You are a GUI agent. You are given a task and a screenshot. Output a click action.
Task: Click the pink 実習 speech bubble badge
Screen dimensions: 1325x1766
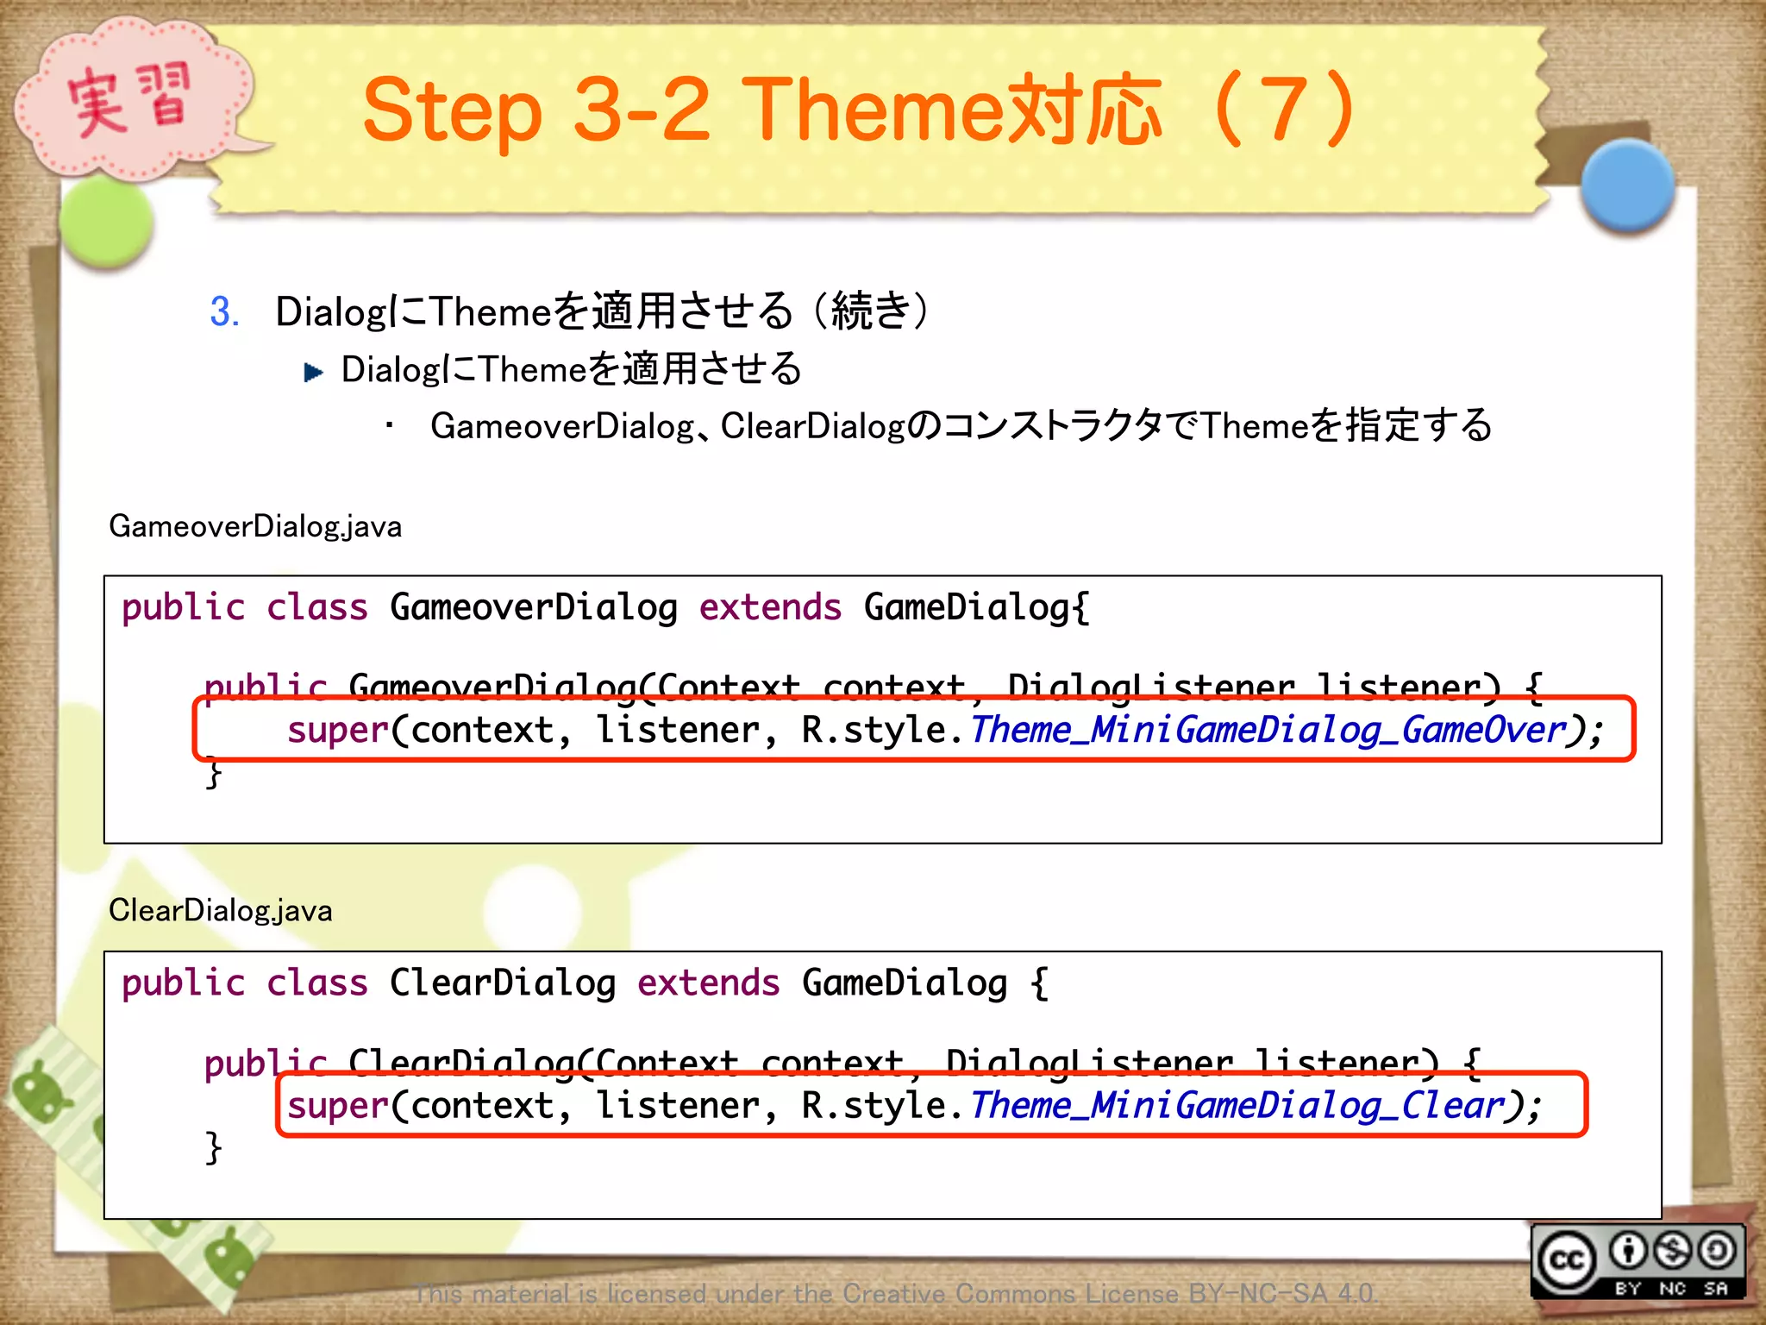click(129, 99)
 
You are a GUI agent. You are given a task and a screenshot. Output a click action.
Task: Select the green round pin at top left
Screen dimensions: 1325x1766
click(107, 223)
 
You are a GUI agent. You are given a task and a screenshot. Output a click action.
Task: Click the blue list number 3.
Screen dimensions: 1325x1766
click(224, 311)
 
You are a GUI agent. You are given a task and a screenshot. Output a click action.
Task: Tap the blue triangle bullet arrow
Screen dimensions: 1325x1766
click(313, 372)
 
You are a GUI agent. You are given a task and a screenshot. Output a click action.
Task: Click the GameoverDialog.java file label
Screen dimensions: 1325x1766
click(255, 526)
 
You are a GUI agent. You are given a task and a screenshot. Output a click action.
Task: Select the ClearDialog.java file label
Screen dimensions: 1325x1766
click(221, 910)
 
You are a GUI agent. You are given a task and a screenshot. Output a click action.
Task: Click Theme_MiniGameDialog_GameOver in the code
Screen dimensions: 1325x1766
click(1268, 731)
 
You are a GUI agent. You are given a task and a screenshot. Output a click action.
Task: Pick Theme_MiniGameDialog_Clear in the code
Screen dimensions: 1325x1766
click(1237, 1106)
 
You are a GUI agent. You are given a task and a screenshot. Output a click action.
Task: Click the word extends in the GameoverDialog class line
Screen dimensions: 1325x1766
click(769, 607)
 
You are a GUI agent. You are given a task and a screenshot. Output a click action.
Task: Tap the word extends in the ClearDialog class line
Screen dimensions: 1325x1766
click(708, 983)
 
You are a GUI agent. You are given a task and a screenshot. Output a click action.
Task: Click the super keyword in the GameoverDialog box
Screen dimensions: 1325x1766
click(338, 731)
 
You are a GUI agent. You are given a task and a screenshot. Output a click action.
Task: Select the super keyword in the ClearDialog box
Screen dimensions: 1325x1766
click(338, 1106)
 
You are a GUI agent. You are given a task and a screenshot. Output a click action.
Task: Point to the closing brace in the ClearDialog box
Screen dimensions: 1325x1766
click(213, 1149)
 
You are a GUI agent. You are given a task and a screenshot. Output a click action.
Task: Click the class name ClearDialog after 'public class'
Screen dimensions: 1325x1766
click(502, 983)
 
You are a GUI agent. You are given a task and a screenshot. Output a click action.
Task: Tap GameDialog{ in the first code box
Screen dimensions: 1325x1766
click(976, 607)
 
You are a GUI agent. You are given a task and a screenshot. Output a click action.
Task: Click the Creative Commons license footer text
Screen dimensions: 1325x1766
click(895, 1293)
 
